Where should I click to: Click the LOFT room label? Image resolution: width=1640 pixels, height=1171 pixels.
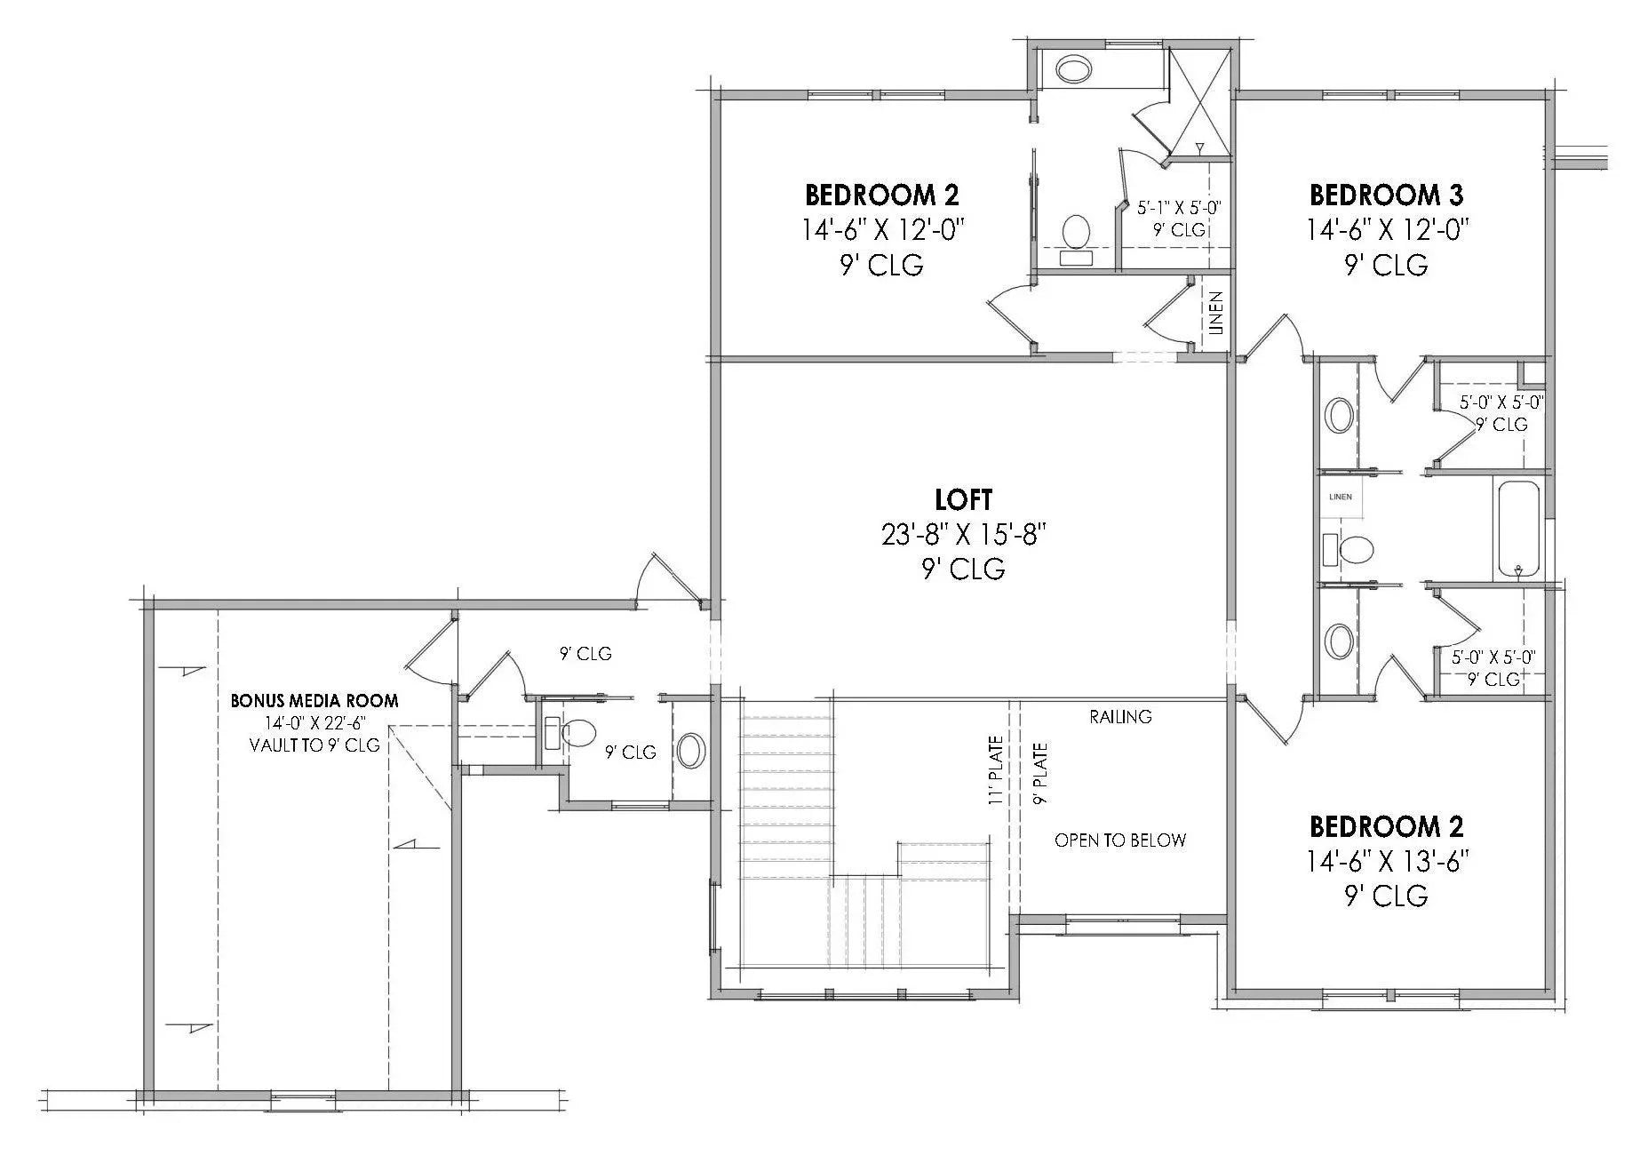(963, 499)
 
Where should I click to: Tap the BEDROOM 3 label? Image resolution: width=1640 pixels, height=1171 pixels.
(1386, 195)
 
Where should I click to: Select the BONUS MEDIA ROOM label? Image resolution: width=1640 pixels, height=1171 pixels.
(314, 700)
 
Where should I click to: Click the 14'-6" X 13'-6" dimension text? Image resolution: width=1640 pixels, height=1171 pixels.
(1386, 861)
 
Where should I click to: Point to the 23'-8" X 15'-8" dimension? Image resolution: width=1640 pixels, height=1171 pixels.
(963, 534)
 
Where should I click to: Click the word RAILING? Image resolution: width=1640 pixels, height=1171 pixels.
(1120, 716)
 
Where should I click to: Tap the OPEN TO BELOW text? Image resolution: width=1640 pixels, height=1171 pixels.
(1119, 840)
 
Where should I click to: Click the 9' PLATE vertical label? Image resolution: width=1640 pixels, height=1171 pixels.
(1040, 774)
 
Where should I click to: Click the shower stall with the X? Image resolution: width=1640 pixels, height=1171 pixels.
(1199, 100)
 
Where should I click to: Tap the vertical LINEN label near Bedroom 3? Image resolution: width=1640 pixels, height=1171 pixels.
(1216, 313)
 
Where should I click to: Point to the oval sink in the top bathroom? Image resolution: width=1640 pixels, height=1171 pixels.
(1072, 70)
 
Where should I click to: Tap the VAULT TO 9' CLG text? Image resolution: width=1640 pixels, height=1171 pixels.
(314, 745)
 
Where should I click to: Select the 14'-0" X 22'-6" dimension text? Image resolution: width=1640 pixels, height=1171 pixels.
(314, 723)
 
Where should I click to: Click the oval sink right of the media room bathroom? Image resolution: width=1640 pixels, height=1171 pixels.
(691, 751)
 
